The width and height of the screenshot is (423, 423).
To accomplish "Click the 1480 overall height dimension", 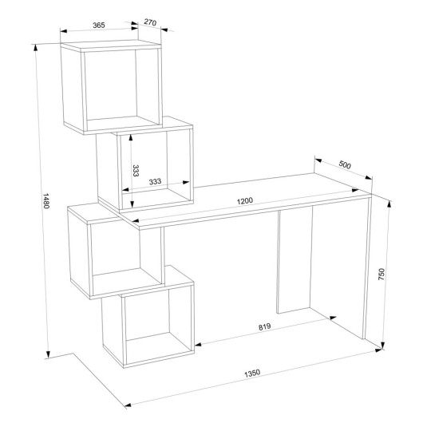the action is coord(45,200).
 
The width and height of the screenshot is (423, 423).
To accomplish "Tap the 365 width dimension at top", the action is coord(99,25).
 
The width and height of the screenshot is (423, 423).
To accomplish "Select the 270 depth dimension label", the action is coord(150,22).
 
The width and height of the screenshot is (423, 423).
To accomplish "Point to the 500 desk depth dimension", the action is coord(345,164).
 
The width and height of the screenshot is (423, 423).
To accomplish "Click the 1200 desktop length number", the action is coord(245,201).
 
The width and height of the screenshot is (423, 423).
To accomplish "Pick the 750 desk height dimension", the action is coord(381,274).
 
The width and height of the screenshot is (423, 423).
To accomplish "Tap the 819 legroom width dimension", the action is coord(265,326).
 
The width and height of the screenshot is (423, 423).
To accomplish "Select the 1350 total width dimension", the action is coord(252,373).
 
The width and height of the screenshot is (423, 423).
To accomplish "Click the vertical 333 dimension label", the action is coord(136,171).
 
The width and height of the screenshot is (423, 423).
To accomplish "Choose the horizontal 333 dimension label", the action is coord(155,181).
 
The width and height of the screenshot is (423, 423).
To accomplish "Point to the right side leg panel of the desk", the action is coord(367,267).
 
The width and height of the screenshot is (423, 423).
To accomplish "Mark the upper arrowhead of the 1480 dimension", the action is coord(35,47).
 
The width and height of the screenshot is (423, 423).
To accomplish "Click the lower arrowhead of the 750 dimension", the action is coord(383,346).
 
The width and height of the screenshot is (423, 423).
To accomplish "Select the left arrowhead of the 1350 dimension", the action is coord(128,405).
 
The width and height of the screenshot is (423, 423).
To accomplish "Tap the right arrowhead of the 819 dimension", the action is coord(333,318).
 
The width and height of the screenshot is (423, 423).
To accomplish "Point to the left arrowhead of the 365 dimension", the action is coord(64,31).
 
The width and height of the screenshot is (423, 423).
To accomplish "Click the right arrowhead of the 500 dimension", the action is coord(369,177).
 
